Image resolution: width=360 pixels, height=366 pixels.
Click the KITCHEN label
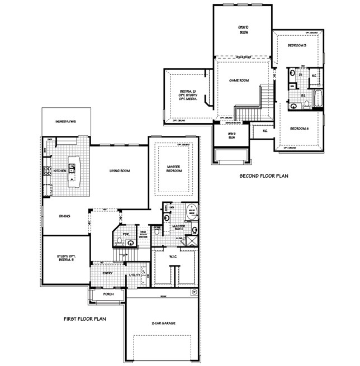click(x=60, y=171)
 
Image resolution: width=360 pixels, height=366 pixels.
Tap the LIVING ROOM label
click(x=119, y=171)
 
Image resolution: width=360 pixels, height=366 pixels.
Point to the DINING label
click(x=64, y=216)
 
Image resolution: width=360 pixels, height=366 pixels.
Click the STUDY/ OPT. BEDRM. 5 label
click(x=65, y=259)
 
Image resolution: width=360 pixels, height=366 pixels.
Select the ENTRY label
click(x=108, y=273)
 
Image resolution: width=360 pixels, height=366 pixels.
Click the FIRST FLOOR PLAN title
click(x=85, y=319)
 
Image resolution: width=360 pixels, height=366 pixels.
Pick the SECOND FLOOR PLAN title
click(x=263, y=175)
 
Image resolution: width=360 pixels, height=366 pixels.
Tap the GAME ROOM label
click(x=238, y=80)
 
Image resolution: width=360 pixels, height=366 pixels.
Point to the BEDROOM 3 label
click(x=297, y=45)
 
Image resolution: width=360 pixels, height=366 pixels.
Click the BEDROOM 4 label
click(x=299, y=129)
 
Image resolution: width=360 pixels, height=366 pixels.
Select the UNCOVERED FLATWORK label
click(x=65, y=121)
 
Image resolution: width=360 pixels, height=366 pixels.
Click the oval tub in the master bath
click(x=192, y=212)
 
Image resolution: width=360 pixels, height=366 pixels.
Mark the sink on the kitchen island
click(x=70, y=178)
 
